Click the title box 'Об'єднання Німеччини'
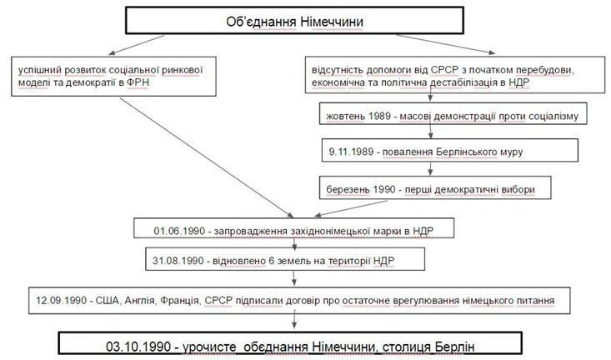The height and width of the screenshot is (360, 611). pyautogui.click(x=294, y=20)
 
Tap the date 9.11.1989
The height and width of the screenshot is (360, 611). pyautogui.click(x=351, y=152)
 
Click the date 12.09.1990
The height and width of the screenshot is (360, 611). pyautogui.click(x=61, y=301)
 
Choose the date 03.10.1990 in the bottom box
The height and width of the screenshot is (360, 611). pyautogui.click(x=138, y=347)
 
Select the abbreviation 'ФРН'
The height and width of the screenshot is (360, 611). pyautogui.click(x=138, y=82)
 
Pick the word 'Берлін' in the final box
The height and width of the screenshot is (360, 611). pyautogui.click(x=454, y=347)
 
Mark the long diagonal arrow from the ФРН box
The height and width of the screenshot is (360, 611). pyautogui.click(x=207, y=157)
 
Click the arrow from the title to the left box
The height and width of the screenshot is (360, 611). pyautogui.click(x=136, y=45)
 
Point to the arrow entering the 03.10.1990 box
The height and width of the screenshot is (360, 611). pyautogui.click(x=294, y=319)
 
